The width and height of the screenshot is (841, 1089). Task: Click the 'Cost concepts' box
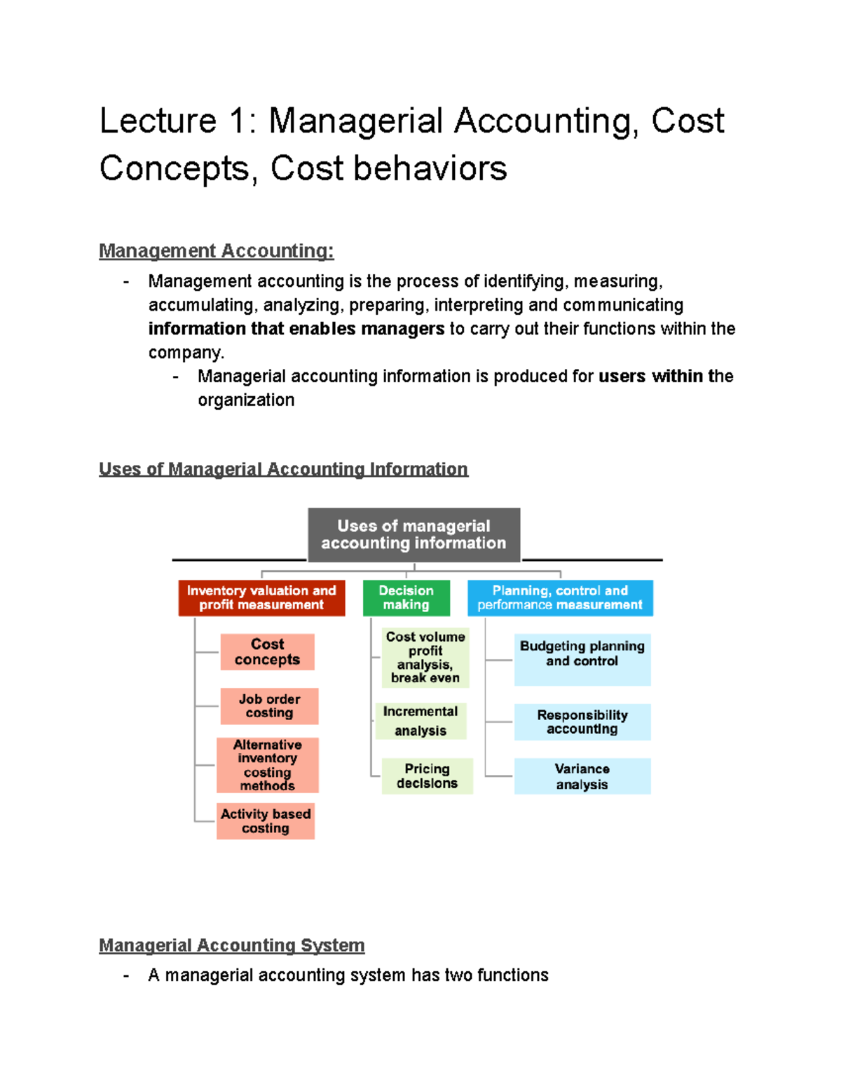[x=267, y=652]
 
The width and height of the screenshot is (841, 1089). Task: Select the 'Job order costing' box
[x=269, y=706]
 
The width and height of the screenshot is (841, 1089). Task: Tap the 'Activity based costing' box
[x=266, y=821]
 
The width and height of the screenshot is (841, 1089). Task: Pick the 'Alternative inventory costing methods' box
[x=268, y=765]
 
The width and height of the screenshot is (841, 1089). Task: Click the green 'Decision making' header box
[x=406, y=598]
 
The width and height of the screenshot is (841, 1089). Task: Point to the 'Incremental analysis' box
[x=420, y=721]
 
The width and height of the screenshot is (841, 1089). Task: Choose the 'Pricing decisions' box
[x=427, y=776]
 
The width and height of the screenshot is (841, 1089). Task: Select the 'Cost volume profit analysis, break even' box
[x=425, y=658]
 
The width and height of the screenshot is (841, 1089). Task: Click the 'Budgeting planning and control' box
[x=582, y=660]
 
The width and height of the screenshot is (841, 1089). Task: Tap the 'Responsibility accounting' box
[x=582, y=722]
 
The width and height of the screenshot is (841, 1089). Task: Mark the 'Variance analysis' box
[x=582, y=776]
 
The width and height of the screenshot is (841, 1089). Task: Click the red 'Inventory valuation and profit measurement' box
[x=261, y=598]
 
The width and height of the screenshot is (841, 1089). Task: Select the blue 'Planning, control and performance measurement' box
[x=560, y=598]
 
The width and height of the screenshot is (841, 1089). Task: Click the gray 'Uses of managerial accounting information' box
[x=413, y=535]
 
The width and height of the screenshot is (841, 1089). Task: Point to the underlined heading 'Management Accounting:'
[x=216, y=251]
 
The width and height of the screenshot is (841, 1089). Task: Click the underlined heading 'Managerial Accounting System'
[x=231, y=945]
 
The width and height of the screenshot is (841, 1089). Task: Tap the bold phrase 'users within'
[x=650, y=377]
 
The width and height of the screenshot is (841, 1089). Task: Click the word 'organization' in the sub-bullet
[x=246, y=400]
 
